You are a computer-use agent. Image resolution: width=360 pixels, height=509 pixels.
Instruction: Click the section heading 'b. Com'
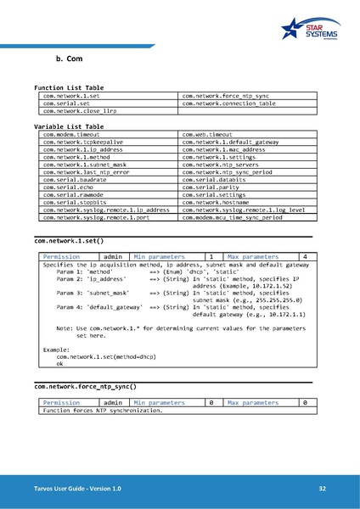(68, 60)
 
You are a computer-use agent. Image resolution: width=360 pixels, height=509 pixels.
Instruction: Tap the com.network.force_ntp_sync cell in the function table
(226, 97)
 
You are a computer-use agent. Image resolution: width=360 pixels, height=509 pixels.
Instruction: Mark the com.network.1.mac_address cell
(224, 149)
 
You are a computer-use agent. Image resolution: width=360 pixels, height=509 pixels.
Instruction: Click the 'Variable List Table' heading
(69, 126)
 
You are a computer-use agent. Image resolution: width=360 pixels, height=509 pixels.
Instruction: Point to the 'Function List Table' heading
(69, 88)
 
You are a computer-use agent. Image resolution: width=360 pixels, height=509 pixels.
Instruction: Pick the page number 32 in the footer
(323, 489)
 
